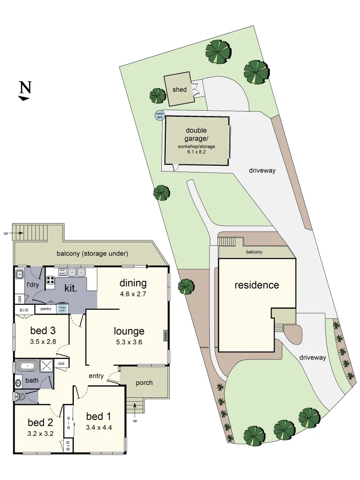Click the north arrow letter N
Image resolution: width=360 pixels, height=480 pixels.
(x=25, y=88)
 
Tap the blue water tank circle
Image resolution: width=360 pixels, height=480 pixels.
(x=159, y=116)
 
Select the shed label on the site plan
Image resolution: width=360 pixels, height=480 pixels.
(x=180, y=90)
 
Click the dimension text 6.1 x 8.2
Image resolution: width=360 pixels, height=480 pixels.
(x=196, y=152)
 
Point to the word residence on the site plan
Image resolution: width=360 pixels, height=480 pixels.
(x=257, y=285)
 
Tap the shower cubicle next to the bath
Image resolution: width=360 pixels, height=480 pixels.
(x=47, y=366)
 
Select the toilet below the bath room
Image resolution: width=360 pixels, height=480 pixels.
(x=18, y=396)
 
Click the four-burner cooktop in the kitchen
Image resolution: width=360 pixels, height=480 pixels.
(x=50, y=280)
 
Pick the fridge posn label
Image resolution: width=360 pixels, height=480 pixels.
(x=62, y=309)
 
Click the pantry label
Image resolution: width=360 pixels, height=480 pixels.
(x=46, y=309)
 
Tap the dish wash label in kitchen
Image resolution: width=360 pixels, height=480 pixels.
(x=63, y=271)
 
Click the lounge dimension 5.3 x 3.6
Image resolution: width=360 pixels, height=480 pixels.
(x=129, y=342)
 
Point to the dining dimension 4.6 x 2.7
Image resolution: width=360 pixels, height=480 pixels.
(x=132, y=294)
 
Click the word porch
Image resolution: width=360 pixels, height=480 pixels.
(x=144, y=383)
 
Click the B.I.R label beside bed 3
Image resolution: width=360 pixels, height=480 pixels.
(x=24, y=309)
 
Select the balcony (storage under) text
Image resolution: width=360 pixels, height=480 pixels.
(x=92, y=254)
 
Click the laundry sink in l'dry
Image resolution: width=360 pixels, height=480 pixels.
(x=20, y=275)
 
